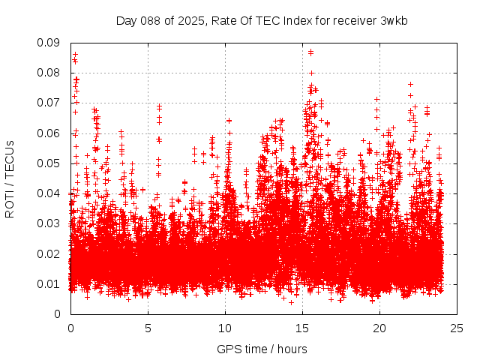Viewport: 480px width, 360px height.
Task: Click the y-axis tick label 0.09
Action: pos(50,43)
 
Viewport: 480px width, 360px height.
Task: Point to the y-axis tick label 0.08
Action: pos(50,73)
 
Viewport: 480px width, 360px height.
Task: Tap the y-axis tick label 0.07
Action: pos(50,103)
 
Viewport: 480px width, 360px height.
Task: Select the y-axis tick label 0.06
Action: pos(50,133)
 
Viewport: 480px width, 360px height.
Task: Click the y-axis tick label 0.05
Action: pos(50,163)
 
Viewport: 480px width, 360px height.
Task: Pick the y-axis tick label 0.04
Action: pos(50,193)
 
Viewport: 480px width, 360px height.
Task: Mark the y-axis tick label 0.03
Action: pos(50,223)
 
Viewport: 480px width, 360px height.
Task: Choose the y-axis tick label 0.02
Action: pos(50,253)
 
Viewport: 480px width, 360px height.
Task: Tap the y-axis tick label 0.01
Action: pos(50,283)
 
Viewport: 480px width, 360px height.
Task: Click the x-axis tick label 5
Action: pos(148,328)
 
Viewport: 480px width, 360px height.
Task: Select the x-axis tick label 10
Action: pos(225,328)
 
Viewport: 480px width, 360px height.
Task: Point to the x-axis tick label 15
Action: pos(302,328)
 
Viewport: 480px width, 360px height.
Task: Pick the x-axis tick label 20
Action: pos(379,328)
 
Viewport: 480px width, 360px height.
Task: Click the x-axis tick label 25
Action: pos(457,328)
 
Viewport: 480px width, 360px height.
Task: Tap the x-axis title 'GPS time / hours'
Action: pos(262,349)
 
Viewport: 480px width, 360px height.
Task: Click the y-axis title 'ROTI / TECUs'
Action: pos(10,178)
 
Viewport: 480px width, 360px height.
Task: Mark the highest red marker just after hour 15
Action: pos(310,52)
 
